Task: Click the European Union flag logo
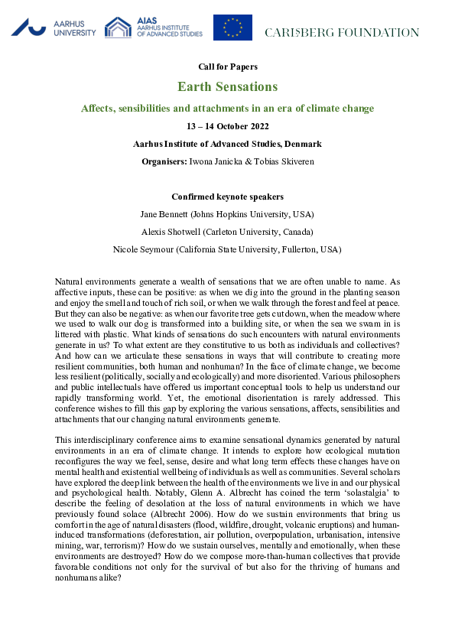(232, 28)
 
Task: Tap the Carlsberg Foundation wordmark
(342, 33)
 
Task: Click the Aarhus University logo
(54, 28)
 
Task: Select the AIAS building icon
(118, 28)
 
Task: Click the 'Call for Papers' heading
(227, 67)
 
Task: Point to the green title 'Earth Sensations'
(227, 86)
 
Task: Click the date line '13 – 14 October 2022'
(227, 126)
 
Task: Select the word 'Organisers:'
(164, 161)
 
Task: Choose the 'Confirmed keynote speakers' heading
(227, 197)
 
